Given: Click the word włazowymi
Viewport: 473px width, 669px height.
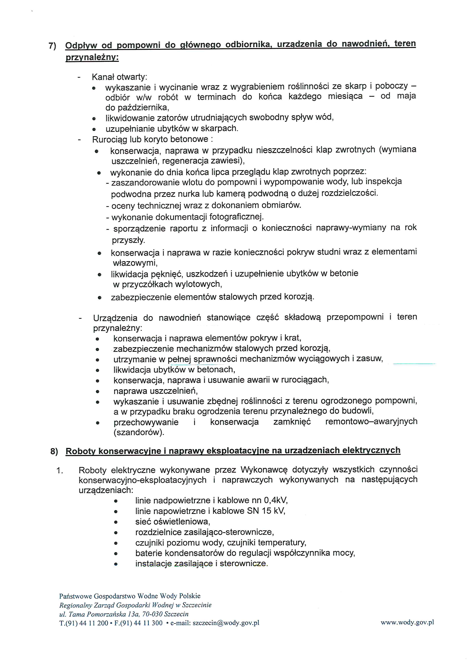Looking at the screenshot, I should [x=135, y=263].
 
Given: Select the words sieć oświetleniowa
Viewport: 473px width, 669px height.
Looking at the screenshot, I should [x=172, y=521].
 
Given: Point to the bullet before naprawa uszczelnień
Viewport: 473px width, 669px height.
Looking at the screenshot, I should [x=98, y=391].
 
